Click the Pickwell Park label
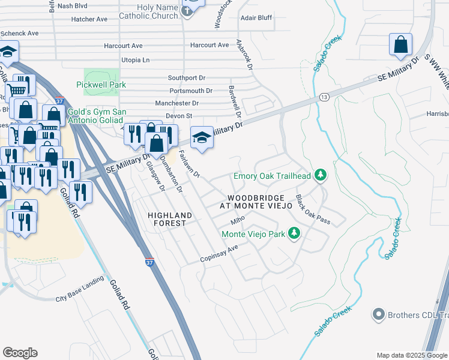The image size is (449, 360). (101, 85)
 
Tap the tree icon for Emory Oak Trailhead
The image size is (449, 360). (321, 175)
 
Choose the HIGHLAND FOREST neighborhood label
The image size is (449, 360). (171, 219)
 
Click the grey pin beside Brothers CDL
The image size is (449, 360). (378, 314)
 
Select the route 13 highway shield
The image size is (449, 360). (324, 97)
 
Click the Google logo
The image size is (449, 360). (20, 353)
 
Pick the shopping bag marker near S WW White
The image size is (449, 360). (400, 44)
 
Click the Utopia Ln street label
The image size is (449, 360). (135, 60)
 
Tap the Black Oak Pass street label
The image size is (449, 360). (313, 209)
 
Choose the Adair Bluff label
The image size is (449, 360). (256, 18)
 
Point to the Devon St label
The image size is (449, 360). (178, 115)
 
